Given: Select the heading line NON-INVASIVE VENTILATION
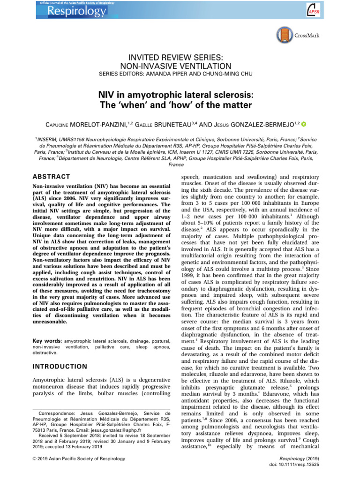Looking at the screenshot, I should (x=180, y=66).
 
